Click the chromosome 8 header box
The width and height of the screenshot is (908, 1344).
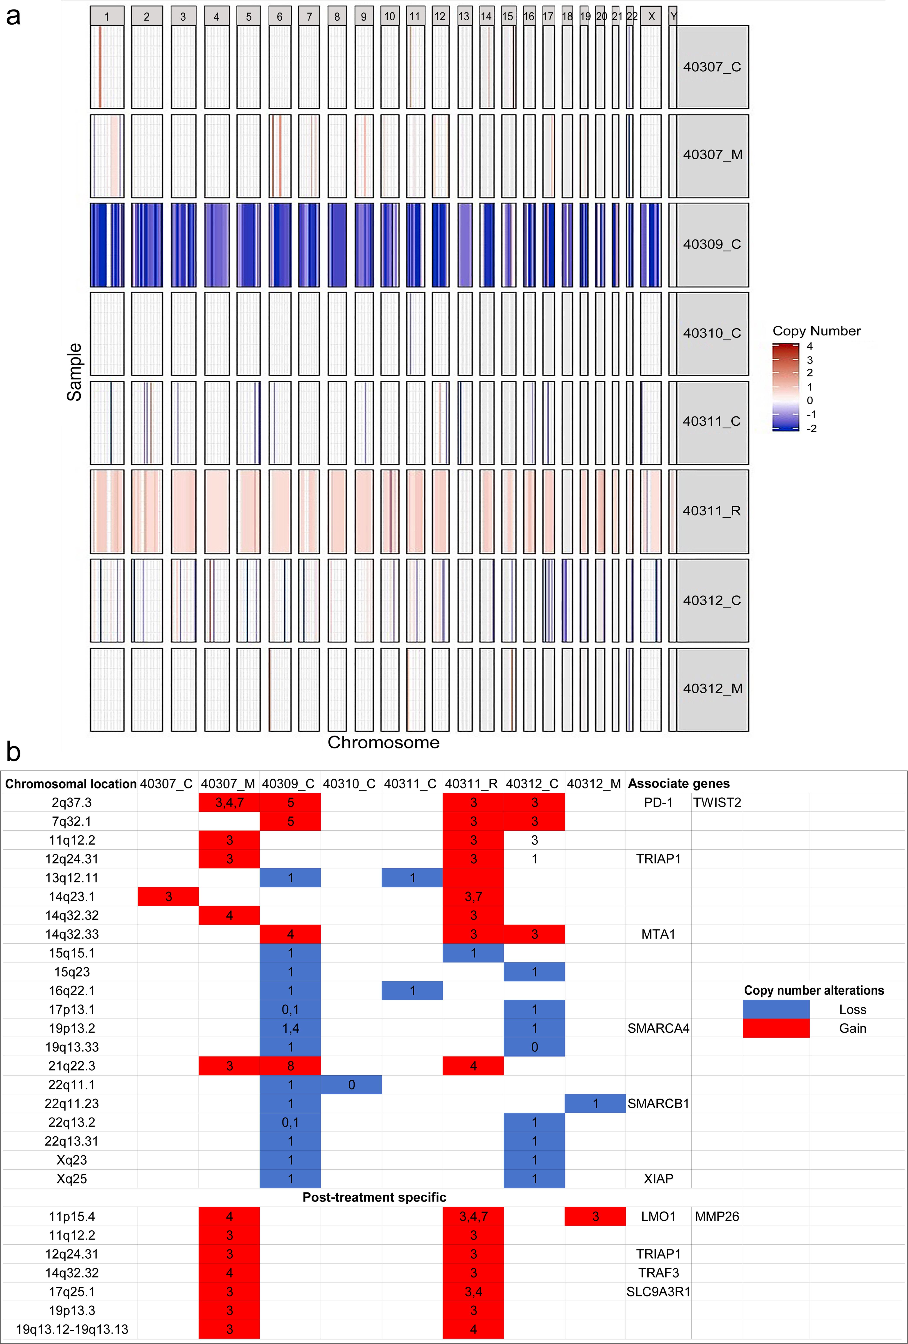tap(337, 16)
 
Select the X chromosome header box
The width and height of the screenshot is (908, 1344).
tap(651, 16)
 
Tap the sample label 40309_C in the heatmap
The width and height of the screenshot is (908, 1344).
tap(712, 244)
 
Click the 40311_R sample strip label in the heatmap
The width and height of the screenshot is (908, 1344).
tap(712, 511)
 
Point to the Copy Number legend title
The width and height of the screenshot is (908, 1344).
tap(816, 331)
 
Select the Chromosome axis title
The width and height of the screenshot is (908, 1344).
tap(383, 742)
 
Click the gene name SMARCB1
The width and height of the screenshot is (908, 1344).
tap(658, 1103)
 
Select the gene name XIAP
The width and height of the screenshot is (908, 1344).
tap(658, 1179)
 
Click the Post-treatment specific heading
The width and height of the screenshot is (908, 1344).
tap(374, 1197)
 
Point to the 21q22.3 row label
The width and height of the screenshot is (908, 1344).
tap(72, 1066)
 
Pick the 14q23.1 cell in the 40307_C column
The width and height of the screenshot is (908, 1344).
tap(168, 896)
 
